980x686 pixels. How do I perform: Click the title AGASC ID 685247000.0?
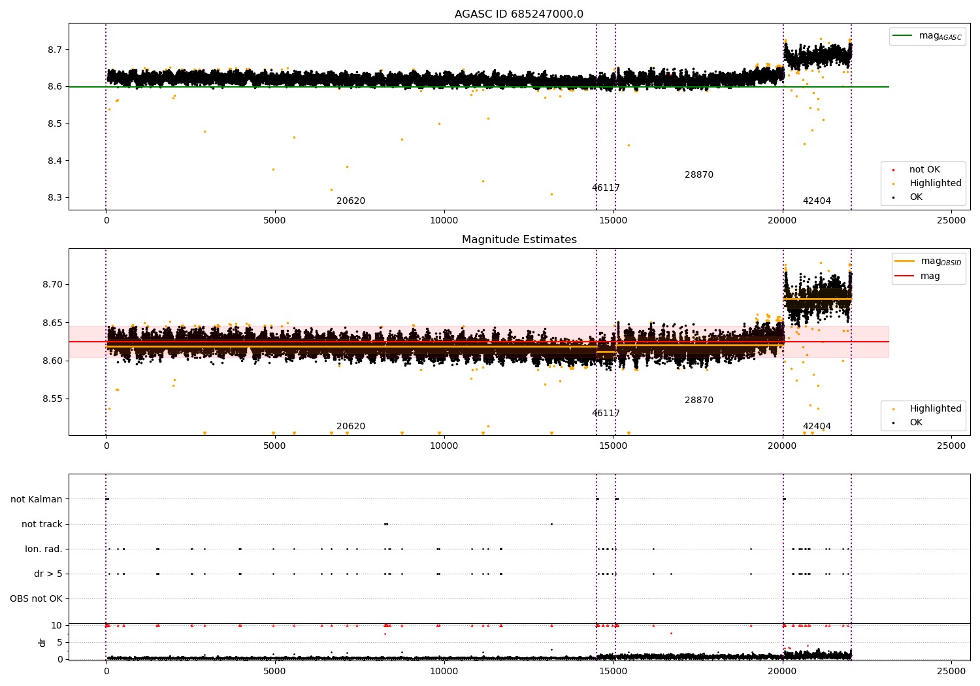[x=519, y=14]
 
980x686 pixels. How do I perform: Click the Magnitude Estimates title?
[x=519, y=240]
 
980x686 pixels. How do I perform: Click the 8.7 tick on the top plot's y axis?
[x=55, y=50]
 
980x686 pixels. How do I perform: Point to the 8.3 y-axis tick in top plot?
[x=55, y=198]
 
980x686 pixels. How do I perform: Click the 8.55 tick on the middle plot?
[x=53, y=399]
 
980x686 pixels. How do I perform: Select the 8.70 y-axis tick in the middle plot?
[x=53, y=285]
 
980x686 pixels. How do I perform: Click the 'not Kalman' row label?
[x=37, y=500]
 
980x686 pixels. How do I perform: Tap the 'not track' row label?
[x=42, y=525]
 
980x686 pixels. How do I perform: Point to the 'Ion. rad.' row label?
[x=44, y=549]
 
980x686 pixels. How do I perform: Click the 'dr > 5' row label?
[x=48, y=574]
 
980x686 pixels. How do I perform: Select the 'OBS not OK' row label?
[x=36, y=599]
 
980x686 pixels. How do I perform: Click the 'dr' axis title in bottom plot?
[x=42, y=642]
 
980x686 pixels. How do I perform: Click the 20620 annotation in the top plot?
[x=351, y=201]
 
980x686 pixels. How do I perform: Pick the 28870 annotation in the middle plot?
[x=699, y=400]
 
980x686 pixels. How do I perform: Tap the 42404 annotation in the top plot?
[x=817, y=201]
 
